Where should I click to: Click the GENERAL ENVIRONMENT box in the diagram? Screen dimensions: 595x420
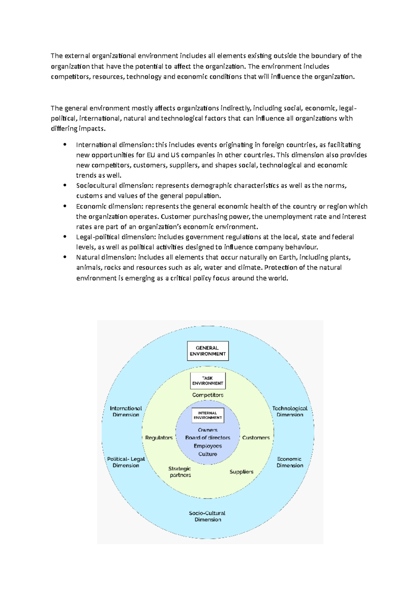point(208,351)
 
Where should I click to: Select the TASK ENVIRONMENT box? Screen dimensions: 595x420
point(208,381)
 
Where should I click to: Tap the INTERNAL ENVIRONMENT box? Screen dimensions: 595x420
point(208,415)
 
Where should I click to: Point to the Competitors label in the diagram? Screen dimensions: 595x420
point(208,395)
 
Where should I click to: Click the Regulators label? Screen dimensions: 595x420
point(159,438)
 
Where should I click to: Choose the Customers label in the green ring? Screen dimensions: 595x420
point(256,438)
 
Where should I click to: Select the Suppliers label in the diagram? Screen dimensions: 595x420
point(241,472)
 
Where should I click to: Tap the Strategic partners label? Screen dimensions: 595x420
point(180,472)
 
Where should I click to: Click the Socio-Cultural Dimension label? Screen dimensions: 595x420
point(208,516)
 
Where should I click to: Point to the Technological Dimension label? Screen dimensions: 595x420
point(290,411)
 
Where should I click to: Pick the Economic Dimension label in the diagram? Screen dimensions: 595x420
point(290,462)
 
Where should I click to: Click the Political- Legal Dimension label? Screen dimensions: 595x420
point(126,462)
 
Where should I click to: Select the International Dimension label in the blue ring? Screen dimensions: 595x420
point(126,411)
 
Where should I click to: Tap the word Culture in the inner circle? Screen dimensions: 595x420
point(208,454)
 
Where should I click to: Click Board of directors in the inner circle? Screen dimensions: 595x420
point(208,438)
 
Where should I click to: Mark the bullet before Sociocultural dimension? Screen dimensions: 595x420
point(65,185)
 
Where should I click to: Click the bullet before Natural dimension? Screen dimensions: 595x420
point(65,257)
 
